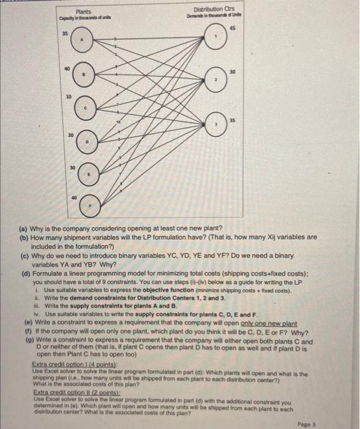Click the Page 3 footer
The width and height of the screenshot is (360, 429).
pos(332,423)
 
